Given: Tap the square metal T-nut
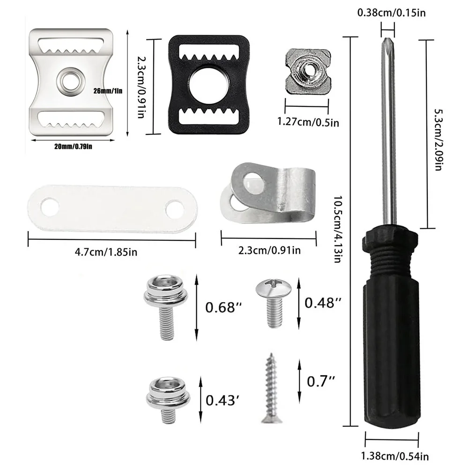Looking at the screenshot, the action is tap(308, 72).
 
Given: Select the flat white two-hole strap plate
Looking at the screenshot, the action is tap(112, 208).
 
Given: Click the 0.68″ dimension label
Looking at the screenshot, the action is tap(223, 307).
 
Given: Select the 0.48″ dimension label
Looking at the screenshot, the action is tap(323, 303).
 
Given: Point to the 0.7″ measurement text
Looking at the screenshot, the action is tap(321, 381).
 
